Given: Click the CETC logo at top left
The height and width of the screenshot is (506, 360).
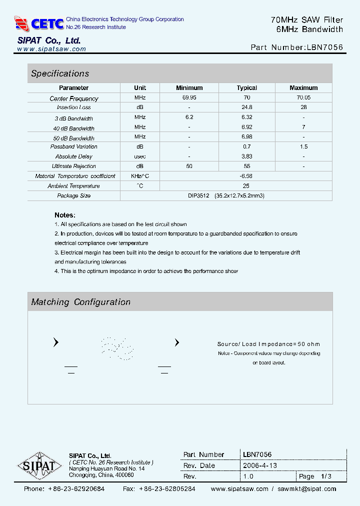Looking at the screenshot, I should tap(39, 23).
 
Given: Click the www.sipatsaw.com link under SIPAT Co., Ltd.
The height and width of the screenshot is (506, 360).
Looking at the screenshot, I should tap(51, 49).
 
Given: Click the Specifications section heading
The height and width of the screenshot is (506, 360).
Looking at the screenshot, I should tap(60, 73).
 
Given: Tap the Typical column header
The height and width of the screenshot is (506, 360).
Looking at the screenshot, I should tap(247, 88).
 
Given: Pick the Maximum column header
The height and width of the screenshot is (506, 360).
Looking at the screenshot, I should tap(303, 88).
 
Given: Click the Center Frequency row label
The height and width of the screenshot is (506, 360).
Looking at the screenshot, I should tap(74, 98).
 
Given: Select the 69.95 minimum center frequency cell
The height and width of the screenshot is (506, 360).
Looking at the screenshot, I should tap(189, 98).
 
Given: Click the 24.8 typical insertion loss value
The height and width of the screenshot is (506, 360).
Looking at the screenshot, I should tap(247, 107).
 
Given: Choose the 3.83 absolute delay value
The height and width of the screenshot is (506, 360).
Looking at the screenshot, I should tap(247, 156).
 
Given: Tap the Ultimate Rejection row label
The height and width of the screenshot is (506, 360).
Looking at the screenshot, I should tap(74, 166).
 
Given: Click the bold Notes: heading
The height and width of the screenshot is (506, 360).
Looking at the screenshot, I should tap(64, 215).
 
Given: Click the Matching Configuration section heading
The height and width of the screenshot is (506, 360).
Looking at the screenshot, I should tap(81, 302).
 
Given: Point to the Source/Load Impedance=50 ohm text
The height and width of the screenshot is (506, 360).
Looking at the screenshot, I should tap(268, 344).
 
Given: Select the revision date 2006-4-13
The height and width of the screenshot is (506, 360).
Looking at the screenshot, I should tap(259, 465).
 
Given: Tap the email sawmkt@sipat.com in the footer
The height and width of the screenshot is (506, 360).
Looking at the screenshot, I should tap(307, 489).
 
